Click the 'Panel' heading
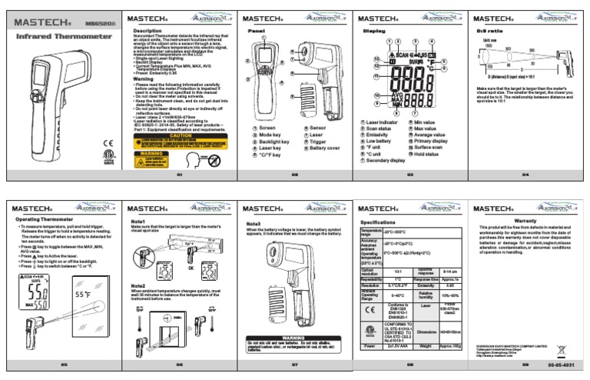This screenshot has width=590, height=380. (x=256, y=31)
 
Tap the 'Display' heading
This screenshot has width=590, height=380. (x=373, y=31)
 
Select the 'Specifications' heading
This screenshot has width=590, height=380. (x=378, y=222)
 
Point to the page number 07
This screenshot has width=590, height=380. (x=294, y=363)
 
